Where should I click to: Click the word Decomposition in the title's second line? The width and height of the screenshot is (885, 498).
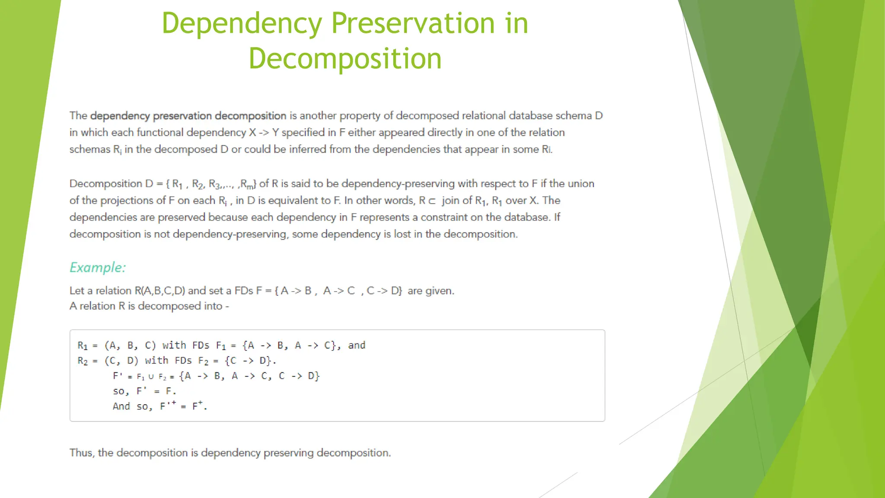(345, 58)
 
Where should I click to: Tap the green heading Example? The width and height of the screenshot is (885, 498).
(98, 267)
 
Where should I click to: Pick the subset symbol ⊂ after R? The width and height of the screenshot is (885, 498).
(432, 201)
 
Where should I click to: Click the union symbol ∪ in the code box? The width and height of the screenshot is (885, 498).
(151, 377)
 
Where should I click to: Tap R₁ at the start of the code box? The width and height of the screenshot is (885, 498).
(83, 345)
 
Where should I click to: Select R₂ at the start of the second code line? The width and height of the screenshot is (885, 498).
(83, 361)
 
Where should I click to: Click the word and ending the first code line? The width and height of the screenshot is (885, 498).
(357, 345)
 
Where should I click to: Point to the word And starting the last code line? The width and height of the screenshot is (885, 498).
(121, 406)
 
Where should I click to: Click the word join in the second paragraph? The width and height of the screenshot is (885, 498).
(451, 201)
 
